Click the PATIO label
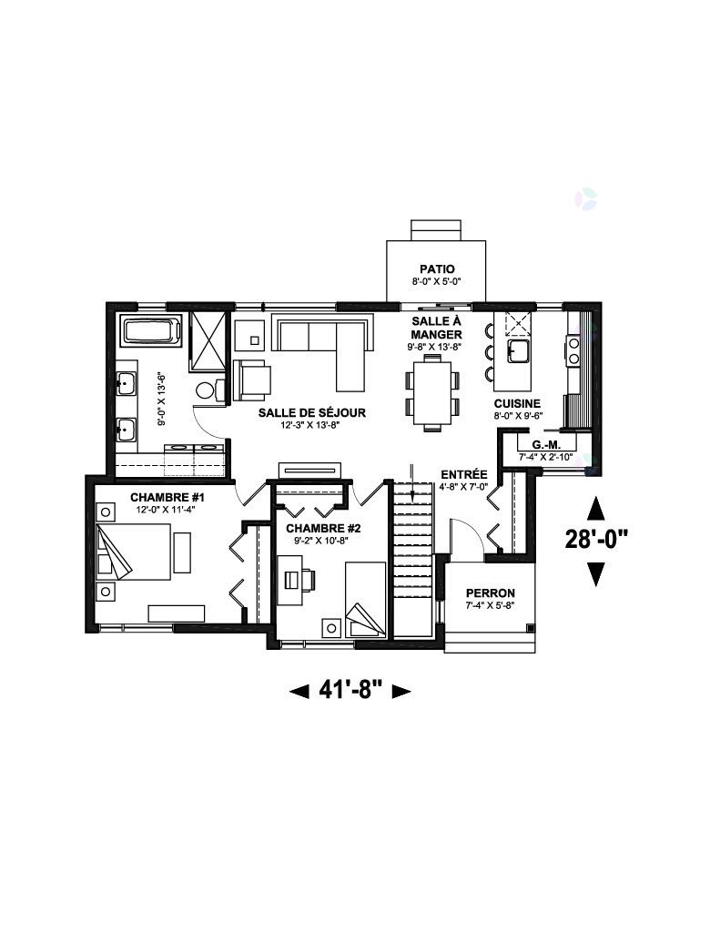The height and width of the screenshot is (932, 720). (436, 269)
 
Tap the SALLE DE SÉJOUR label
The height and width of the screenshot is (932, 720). (311, 412)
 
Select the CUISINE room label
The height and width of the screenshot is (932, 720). (517, 403)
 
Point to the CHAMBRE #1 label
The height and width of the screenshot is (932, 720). (167, 497)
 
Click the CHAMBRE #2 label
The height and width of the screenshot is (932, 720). (323, 529)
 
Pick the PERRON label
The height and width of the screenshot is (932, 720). (490, 593)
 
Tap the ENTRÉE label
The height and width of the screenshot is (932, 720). (463, 474)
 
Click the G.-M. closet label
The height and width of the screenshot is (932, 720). (546, 444)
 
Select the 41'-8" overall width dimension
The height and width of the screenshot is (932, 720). (350, 690)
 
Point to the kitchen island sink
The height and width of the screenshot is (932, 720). (519, 351)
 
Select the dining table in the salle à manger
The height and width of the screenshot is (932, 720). (432, 392)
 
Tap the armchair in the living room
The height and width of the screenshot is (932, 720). (253, 380)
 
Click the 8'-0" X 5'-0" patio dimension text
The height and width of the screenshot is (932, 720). (436, 282)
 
